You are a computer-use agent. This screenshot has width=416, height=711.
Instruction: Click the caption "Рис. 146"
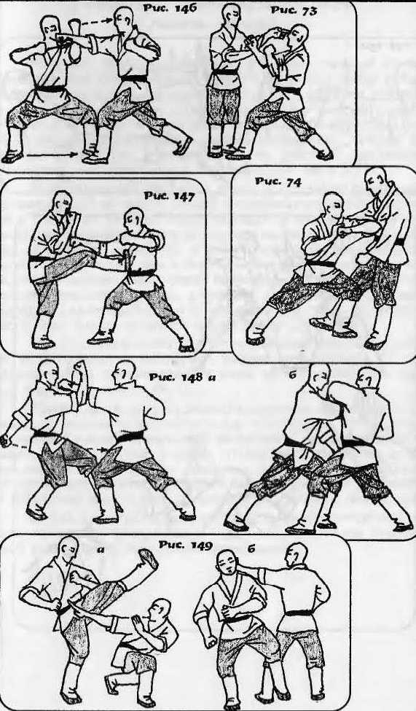tap(170, 8)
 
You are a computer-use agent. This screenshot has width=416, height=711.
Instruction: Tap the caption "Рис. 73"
tap(293, 10)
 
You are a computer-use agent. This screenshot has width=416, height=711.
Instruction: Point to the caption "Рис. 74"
tap(278, 181)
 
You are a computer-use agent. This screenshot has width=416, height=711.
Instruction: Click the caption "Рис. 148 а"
tap(181, 377)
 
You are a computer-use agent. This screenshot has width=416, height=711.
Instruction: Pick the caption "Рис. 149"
tap(185, 545)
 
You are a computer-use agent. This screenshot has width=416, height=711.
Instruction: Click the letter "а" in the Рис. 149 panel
tap(101, 550)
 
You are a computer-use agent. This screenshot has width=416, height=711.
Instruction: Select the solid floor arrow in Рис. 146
tap(52, 155)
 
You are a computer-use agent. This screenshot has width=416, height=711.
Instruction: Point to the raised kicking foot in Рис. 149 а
tap(148, 559)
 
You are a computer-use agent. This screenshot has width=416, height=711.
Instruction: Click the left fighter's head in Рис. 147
tap(63, 203)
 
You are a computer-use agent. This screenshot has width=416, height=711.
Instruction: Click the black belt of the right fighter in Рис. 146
tap(134, 79)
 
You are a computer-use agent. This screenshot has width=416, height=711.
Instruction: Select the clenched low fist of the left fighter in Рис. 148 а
tap(5, 440)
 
